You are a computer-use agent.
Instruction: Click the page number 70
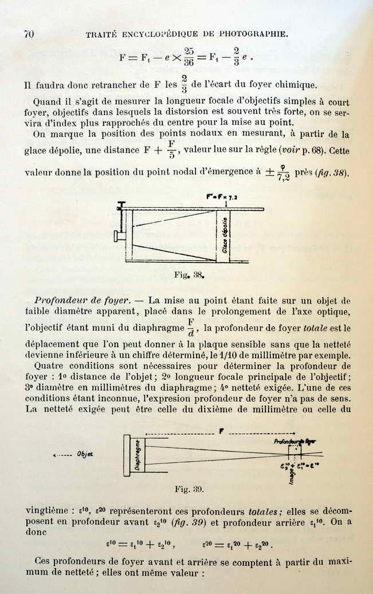coord(29,33)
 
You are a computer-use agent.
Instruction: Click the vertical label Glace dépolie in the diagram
coord(225,235)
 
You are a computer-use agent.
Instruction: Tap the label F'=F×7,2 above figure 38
coord(222,197)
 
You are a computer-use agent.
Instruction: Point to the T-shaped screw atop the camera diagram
coord(121,205)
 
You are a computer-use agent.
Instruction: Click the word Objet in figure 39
coord(85,454)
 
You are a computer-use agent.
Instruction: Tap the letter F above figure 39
coord(221,430)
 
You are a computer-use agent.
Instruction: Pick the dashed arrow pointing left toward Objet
coord(61,455)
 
